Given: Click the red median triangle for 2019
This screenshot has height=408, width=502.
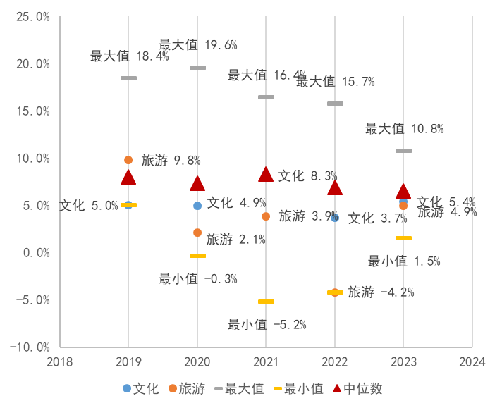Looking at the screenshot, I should [128, 177].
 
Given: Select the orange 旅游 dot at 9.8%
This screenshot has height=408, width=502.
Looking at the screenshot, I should [128, 160].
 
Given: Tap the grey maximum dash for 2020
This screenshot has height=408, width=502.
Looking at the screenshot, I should [197, 68].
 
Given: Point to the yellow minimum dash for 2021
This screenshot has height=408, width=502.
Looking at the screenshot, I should [266, 302].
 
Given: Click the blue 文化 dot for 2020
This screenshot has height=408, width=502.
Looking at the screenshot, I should [197, 206].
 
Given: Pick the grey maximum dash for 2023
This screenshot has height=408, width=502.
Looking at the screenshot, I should [403, 151].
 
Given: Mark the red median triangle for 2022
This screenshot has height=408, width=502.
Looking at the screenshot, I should [335, 187].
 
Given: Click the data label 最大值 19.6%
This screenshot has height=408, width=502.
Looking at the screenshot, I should [197, 45].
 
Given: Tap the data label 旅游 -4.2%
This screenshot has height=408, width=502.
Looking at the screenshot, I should [381, 292].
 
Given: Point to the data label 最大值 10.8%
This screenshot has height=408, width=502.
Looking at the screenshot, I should [404, 129].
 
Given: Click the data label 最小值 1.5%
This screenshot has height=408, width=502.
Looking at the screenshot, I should [404, 261].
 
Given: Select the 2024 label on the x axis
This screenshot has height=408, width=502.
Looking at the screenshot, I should [472, 361].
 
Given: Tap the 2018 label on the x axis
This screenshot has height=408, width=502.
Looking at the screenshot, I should [60, 361].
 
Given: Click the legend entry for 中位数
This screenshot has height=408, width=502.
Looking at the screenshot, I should [362, 388].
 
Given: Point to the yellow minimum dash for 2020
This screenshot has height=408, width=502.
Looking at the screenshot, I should [197, 255].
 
